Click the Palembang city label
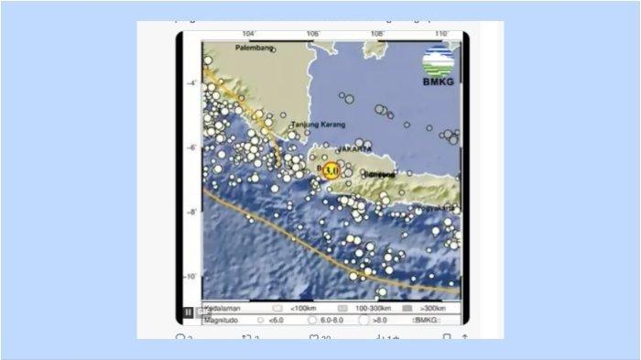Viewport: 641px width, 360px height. tap(256, 48)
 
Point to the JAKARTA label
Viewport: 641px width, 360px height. tap(353, 148)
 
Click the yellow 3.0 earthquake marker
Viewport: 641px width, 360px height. tap(331, 169)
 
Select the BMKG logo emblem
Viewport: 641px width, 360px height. tap(438, 62)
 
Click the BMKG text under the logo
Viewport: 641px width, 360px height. tap(438, 82)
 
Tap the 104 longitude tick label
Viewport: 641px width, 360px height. tap(250, 36)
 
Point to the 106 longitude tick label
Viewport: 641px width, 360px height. tap(313, 36)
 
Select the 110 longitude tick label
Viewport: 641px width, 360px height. tap(440, 36)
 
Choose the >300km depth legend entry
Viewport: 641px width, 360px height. tap(421, 310)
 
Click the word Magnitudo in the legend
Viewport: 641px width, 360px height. tap(220, 320)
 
